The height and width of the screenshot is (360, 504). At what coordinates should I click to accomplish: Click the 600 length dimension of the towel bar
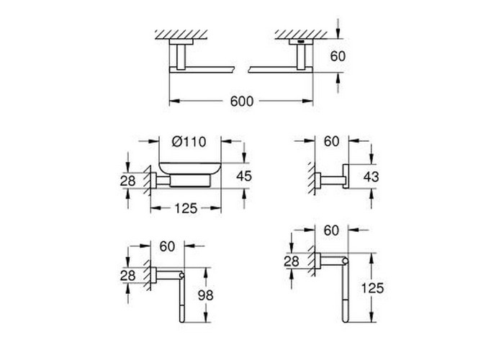click(242, 102)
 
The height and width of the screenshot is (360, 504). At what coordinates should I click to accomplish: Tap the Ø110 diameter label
click(189, 141)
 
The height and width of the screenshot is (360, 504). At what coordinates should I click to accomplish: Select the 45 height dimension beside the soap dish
click(244, 176)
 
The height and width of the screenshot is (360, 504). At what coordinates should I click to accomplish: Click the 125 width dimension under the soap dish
click(186, 209)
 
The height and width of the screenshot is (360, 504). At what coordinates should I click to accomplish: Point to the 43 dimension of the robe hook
click(372, 176)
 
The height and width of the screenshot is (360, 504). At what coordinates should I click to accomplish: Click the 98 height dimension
click(205, 295)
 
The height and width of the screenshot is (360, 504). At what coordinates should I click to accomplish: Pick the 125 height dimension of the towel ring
click(372, 288)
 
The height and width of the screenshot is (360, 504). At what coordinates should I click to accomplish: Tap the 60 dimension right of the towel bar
click(338, 56)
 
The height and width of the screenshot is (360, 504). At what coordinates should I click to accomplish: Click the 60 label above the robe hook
click(331, 141)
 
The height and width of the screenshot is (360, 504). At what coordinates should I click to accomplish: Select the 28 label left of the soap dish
click(128, 181)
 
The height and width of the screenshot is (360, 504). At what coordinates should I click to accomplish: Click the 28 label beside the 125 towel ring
click(292, 261)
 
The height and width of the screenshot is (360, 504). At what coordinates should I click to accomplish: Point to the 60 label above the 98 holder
click(167, 246)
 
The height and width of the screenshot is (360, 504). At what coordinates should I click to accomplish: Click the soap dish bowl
click(189, 169)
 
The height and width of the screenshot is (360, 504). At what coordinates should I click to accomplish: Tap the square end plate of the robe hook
click(346, 176)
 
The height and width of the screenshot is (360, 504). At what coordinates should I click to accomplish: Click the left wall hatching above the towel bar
click(181, 35)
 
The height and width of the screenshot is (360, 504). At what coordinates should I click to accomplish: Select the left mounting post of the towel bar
click(181, 57)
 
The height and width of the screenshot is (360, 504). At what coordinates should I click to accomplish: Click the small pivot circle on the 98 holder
click(181, 276)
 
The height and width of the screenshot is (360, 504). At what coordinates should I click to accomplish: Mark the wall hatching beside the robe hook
click(311, 178)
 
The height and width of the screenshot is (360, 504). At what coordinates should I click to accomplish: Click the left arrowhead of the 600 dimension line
click(174, 102)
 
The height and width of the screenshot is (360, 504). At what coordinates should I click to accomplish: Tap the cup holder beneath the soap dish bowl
click(190, 181)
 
